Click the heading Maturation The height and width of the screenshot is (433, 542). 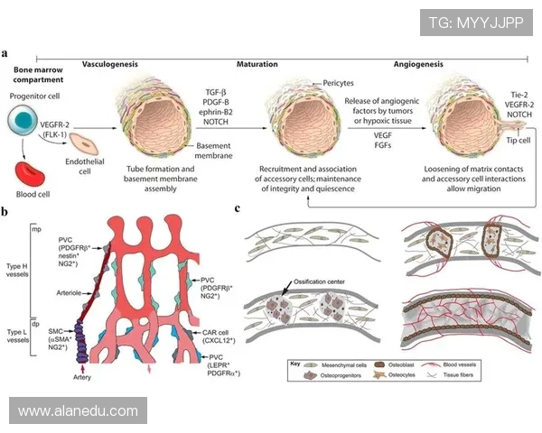(x=257, y=65)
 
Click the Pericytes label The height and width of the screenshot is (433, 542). (x=338, y=82)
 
